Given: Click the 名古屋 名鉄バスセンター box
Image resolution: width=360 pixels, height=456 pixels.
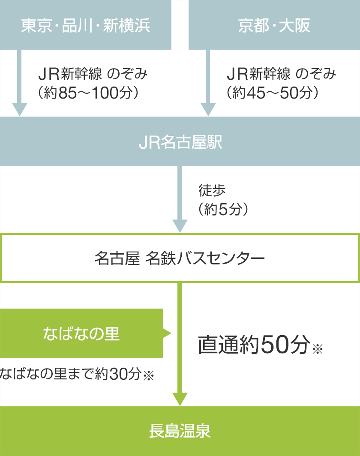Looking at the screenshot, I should click(x=180, y=258).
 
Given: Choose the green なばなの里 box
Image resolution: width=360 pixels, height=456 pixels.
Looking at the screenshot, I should click(x=81, y=333).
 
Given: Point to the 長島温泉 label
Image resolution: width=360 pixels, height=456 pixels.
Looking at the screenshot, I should click(x=180, y=431).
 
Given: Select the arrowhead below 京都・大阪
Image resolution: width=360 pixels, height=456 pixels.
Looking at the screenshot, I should click(x=208, y=109).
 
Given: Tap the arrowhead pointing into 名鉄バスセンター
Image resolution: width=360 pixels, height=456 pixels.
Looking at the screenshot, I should click(x=180, y=225).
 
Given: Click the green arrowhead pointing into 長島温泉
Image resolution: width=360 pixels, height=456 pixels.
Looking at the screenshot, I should click(x=180, y=399).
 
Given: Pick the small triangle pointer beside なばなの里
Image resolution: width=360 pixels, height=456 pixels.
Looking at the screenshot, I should click(x=167, y=333).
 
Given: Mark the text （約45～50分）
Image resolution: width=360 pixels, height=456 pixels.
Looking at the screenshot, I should click(x=274, y=93).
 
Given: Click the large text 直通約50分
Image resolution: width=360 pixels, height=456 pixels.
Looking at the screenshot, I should click(x=253, y=345).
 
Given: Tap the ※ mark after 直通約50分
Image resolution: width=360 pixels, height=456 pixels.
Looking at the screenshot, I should click(x=317, y=349).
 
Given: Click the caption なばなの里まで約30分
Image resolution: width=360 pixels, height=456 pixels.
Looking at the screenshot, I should click(x=70, y=375).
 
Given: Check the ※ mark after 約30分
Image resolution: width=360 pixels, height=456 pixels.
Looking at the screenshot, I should click(x=148, y=376).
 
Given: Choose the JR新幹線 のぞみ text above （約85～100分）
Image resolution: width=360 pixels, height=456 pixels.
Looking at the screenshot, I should click(x=93, y=74).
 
